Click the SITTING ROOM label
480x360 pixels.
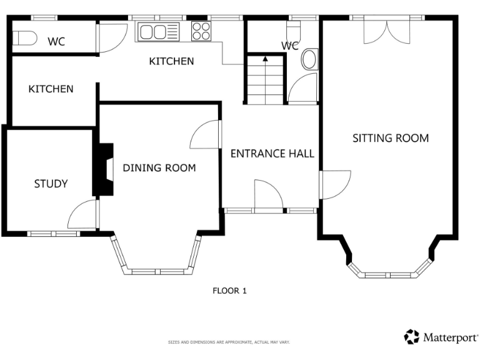pos(391,138)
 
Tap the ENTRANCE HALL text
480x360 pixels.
pos(272,154)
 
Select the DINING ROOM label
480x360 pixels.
pos(159,168)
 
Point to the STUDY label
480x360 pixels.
pos(51,184)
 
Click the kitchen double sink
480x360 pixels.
pos(159,31)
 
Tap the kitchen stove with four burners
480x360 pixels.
pos(201,31)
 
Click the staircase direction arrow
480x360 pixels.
pos(265,59)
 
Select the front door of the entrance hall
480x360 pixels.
pos(269,196)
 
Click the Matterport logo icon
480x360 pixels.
pos(412,337)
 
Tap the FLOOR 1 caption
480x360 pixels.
pos(230,291)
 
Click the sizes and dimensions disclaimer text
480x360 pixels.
pos(229,342)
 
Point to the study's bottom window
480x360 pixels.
pos(53,234)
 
